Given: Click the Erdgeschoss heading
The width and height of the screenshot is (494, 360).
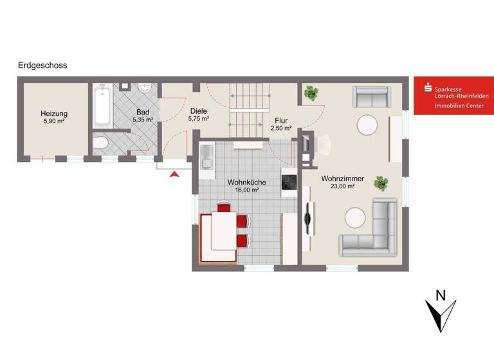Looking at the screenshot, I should tap(43, 65).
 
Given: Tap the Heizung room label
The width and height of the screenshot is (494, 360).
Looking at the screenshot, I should tap(55, 114).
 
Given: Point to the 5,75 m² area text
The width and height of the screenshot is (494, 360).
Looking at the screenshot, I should tap(198, 119).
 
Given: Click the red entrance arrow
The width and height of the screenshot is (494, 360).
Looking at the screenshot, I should tap(174, 173).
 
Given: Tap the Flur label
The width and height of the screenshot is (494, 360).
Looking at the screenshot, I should tap(281, 120).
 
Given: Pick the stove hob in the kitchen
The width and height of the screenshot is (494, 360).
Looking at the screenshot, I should tap(288, 182).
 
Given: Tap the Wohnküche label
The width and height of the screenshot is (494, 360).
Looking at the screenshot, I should tap(246, 183).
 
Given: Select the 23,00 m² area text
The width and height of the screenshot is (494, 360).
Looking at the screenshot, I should tap(342, 186).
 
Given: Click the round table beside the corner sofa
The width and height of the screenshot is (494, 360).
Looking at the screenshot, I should tap(356, 217).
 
